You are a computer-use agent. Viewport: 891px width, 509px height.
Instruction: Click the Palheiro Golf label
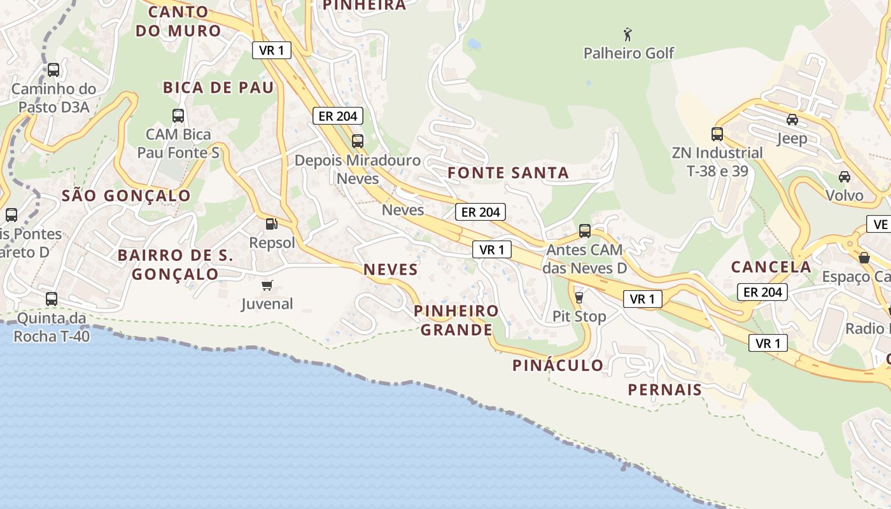(x=629, y=53)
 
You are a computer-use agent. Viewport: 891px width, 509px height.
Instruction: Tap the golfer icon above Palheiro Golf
(x=628, y=34)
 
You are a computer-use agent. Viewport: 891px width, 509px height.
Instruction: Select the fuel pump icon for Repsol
(x=271, y=223)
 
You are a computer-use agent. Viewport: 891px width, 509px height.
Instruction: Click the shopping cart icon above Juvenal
(x=267, y=285)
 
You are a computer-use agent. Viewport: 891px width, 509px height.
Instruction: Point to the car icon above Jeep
(x=792, y=119)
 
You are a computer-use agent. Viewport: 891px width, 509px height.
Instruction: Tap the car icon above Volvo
(x=845, y=176)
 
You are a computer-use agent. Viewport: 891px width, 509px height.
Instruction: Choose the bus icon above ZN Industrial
(x=717, y=134)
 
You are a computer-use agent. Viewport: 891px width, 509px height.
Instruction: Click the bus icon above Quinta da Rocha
(x=52, y=298)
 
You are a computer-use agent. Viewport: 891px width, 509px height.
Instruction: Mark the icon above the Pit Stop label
(x=579, y=297)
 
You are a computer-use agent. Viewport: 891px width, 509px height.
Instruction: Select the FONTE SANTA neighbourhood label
(x=508, y=172)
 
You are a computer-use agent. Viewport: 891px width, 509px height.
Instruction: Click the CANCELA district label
(x=771, y=267)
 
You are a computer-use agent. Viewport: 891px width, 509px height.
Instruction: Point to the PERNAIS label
(x=665, y=389)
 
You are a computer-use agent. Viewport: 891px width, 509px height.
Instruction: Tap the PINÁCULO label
(x=558, y=365)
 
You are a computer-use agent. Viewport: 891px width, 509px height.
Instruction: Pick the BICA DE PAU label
(x=218, y=88)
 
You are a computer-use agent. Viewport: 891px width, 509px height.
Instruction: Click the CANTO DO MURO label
(x=178, y=21)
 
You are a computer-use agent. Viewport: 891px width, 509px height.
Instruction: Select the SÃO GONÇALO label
(x=126, y=196)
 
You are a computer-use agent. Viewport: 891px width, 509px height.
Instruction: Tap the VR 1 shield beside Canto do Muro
(x=272, y=50)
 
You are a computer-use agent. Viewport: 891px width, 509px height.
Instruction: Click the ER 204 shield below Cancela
(x=762, y=292)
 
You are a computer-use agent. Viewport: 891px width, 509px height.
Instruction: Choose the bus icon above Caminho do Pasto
(x=53, y=70)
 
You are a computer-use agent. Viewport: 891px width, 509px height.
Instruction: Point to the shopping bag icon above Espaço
(x=864, y=258)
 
